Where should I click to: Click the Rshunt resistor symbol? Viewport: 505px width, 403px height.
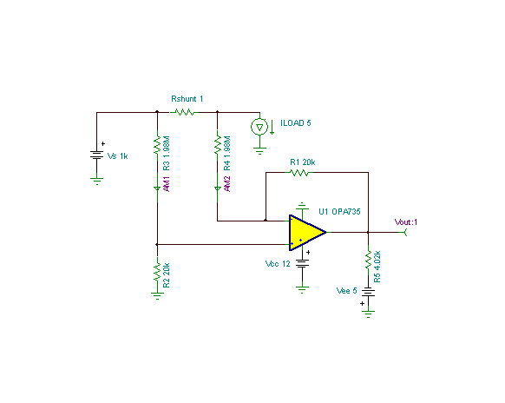click(x=184, y=112)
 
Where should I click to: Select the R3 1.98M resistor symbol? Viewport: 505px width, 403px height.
click(x=157, y=145)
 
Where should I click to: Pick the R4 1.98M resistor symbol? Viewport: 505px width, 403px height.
click(x=218, y=145)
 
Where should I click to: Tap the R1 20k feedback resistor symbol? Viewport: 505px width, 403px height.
click(x=299, y=173)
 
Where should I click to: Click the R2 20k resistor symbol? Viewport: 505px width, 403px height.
click(x=157, y=272)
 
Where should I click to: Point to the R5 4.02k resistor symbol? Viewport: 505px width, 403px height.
click(x=368, y=260)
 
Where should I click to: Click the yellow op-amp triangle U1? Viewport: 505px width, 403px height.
click(x=307, y=233)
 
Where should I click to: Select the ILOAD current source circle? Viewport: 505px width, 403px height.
click(x=259, y=127)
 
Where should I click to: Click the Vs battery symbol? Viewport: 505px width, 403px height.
click(x=96, y=155)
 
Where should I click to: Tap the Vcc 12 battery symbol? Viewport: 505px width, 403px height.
click(x=302, y=264)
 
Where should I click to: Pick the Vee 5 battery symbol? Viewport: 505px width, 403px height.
click(x=368, y=293)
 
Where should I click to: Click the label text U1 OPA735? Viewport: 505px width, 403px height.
click(x=339, y=212)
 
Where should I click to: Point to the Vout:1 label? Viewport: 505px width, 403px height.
click(x=406, y=221)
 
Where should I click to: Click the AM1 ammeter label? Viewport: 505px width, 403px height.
click(x=167, y=184)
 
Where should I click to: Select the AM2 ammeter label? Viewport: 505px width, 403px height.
click(x=227, y=184)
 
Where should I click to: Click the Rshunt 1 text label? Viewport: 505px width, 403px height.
click(x=187, y=99)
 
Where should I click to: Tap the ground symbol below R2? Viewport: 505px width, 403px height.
click(x=157, y=296)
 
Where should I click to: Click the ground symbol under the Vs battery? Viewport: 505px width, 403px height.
click(x=96, y=181)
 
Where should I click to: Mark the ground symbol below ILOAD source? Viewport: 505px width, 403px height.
click(x=259, y=151)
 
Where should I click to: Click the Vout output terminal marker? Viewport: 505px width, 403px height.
click(x=405, y=232)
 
